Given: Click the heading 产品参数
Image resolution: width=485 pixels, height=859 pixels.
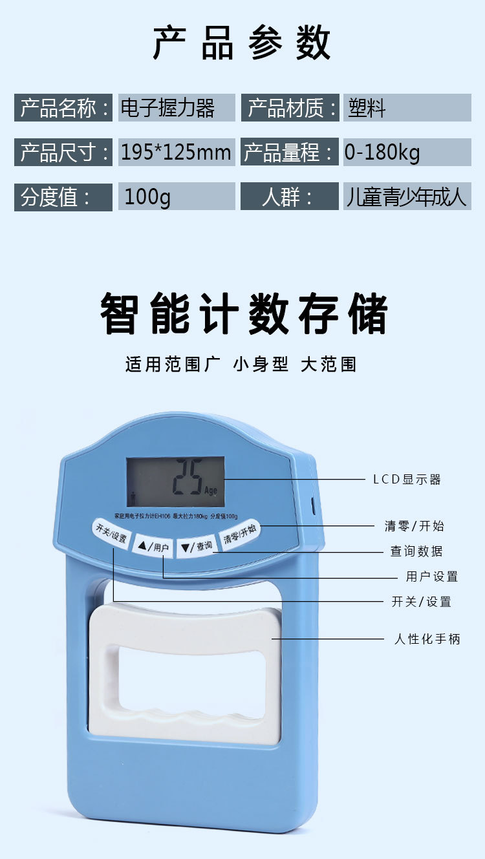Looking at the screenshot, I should pyautogui.click(x=242, y=43).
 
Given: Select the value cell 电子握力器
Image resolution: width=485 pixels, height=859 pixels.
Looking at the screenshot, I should pyautogui.click(x=176, y=108).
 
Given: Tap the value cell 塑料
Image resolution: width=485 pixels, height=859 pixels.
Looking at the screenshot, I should pyautogui.click(x=407, y=108).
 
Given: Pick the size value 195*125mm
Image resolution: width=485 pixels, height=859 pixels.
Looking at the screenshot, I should pyautogui.click(x=176, y=153).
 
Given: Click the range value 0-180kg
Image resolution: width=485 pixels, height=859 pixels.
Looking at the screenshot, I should pyautogui.click(x=407, y=153).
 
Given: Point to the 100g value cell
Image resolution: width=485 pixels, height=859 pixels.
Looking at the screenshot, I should pyautogui.click(x=176, y=196).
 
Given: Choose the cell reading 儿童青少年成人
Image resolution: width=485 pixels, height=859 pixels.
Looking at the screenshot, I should pyautogui.click(x=407, y=196).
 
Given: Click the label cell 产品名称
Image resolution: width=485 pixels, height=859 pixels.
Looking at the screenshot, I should pyautogui.click(x=63, y=108).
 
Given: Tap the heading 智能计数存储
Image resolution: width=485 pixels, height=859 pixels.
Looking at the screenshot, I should pyautogui.click(x=243, y=314).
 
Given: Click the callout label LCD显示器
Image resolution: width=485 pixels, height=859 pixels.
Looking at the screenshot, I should pyautogui.click(x=407, y=480).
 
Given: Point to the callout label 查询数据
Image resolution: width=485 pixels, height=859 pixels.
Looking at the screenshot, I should pyautogui.click(x=416, y=551).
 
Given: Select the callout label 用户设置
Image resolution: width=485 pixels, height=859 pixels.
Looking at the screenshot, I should pyautogui.click(x=431, y=577).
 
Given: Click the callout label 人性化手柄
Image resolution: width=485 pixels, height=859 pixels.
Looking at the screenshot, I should pyautogui.click(x=427, y=639).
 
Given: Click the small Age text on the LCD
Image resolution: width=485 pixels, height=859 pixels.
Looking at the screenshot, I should pyautogui.click(x=211, y=491).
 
